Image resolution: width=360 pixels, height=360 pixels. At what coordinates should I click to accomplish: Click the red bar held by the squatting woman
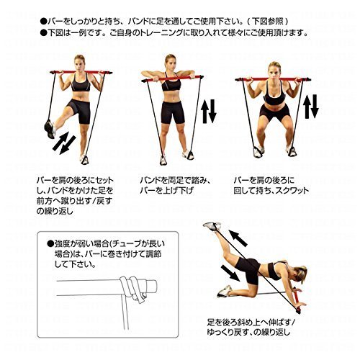click(x=273, y=79)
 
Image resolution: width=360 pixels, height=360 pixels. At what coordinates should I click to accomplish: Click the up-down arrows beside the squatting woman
click(x=311, y=107)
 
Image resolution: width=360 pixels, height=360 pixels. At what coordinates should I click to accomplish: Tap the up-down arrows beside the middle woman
click(x=209, y=112)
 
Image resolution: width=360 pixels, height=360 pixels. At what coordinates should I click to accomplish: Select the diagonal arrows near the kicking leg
click(x=64, y=143)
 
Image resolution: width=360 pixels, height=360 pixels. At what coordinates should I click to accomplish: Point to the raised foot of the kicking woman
click(x=50, y=129)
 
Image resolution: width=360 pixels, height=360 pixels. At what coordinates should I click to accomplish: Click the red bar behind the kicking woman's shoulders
click(x=81, y=72)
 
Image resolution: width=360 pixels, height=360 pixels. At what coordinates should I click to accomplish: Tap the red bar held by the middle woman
click(x=172, y=78)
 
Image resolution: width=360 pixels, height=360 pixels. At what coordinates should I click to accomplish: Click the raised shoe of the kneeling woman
click(x=212, y=226)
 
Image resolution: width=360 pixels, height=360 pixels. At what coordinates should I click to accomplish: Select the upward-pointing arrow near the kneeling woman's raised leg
click(x=238, y=238)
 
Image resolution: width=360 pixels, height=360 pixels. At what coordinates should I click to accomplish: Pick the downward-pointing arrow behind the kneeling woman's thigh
click(x=230, y=273)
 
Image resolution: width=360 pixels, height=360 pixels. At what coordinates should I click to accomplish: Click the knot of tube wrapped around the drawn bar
click(x=132, y=288)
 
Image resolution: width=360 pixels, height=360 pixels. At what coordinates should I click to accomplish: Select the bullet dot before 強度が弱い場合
click(x=50, y=244)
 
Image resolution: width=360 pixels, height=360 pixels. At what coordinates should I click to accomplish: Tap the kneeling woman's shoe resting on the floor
click(x=225, y=291)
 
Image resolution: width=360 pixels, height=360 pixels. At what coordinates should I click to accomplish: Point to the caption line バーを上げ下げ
click(x=166, y=191)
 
